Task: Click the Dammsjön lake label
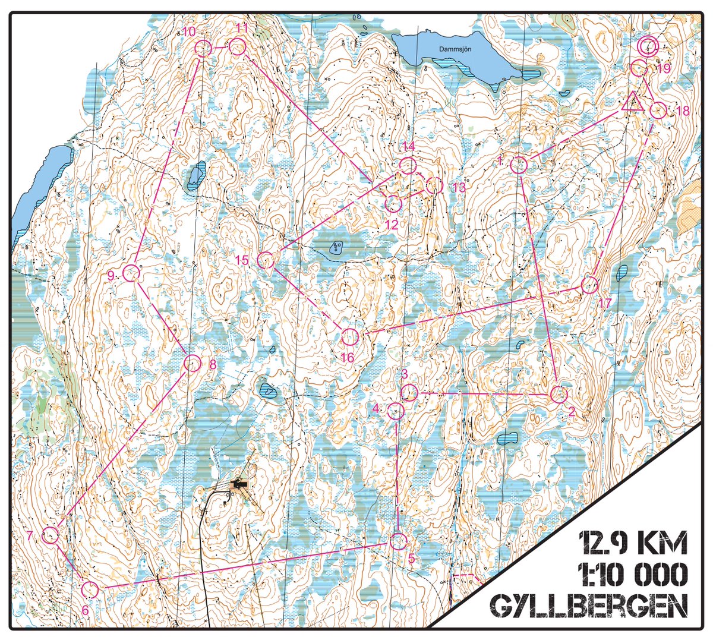coord(455,50)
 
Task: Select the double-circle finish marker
coord(647,45)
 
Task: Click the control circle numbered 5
coord(398,541)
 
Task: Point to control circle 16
coord(349,337)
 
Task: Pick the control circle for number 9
coord(131,273)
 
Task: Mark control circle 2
coord(559,394)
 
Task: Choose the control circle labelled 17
coord(589,285)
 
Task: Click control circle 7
coord(51,535)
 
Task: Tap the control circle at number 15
coord(265,260)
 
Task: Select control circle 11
coord(238,46)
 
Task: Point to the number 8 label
coord(213,365)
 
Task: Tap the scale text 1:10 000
coord(633,574)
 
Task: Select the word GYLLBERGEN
coord(589,606)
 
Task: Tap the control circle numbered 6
coord(89,589)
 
